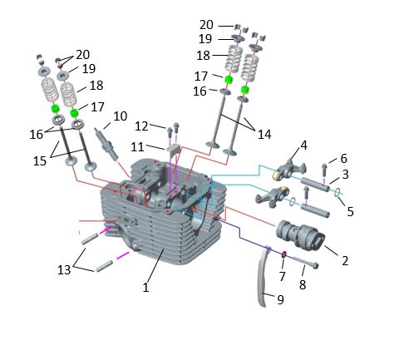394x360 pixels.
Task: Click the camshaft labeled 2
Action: click(x=300, y=235)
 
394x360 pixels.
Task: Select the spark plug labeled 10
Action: click(x=107, y=144)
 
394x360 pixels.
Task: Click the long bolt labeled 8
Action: click(x=305, y=262)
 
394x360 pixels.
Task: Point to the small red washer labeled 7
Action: click(x=284, y=254)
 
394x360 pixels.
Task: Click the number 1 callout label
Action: click(x=145, y=288)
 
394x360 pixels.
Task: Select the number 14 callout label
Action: click(x=264, y=135)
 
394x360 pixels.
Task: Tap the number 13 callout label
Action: click(x=64, y=269)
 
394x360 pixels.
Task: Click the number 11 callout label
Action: click(x=137, y=147)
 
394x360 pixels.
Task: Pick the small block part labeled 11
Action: click(x=173, y=150)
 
